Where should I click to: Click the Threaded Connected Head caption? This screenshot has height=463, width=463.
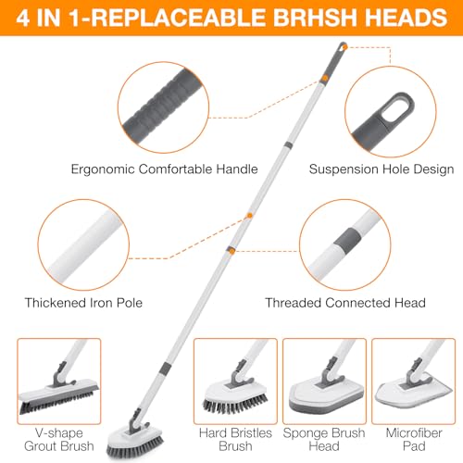coord(345,302)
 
